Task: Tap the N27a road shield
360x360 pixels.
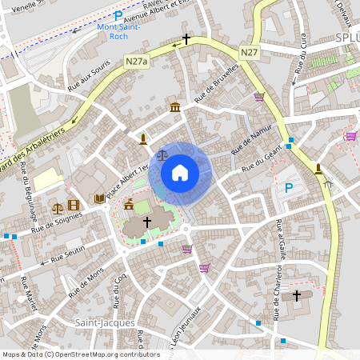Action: pos(136,59)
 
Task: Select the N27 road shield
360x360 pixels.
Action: pos(249,52)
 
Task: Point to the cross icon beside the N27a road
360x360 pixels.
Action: pos(186,38)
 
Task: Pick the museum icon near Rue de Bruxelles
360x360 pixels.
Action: pos(174,107)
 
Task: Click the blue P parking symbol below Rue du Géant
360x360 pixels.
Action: pos(289,188)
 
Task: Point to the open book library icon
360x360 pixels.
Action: pos(99,198)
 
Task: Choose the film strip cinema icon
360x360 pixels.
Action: pos(74,206)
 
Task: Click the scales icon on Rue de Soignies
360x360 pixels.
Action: pos(58,206)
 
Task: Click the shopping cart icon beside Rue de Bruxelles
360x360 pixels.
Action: pos(259,97)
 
